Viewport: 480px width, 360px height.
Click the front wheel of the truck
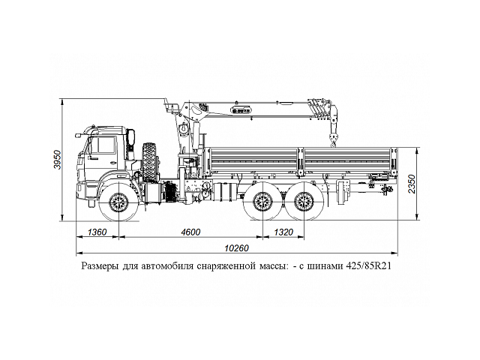118,202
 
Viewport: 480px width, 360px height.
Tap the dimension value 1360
97,232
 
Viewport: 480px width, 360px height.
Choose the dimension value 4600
190,232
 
